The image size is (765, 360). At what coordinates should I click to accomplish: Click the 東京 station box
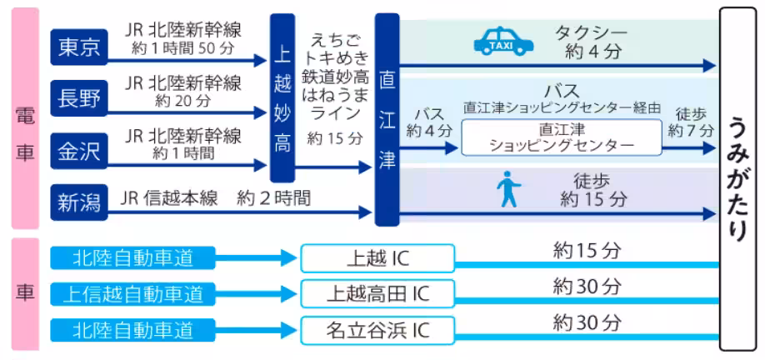coord(79,48)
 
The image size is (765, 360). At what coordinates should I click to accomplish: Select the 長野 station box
coord(79,99)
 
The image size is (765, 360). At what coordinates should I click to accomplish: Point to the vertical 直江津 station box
coord(387,120)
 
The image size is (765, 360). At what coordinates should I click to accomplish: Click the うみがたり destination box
coord(738,178)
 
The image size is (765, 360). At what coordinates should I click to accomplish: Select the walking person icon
coord(507,189)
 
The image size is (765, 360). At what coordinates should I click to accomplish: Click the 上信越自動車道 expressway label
coord(132,294)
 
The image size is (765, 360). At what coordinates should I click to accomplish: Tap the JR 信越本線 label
coord(169,198)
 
